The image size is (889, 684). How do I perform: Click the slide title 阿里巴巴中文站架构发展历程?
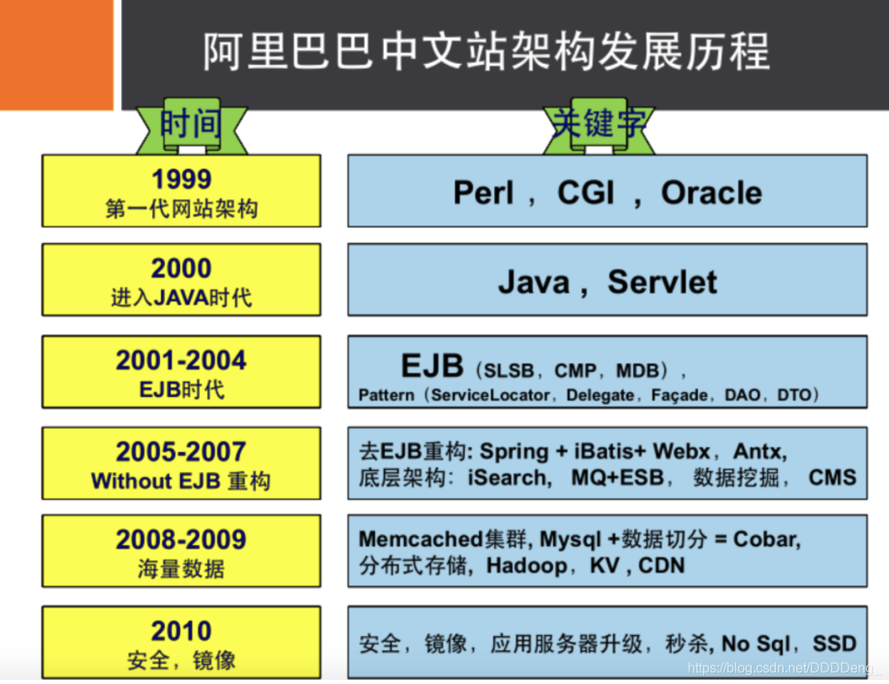487,52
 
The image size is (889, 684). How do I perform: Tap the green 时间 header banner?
191,126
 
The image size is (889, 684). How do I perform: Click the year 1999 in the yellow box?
181,179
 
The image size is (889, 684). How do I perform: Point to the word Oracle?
711,193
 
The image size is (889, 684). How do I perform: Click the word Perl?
483,193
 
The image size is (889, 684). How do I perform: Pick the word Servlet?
663,281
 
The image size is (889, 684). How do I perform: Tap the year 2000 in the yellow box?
181,268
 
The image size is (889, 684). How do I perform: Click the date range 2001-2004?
181,360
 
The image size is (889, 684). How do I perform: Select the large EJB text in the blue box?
432,366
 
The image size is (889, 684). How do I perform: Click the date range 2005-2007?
181,452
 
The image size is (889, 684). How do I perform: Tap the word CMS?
832,478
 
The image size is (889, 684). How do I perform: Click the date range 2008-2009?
181,539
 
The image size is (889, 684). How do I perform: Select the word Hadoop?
526,565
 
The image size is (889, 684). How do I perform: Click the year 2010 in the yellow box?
181,631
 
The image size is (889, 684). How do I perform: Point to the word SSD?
833,644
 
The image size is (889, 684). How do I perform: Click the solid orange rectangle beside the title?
56,54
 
